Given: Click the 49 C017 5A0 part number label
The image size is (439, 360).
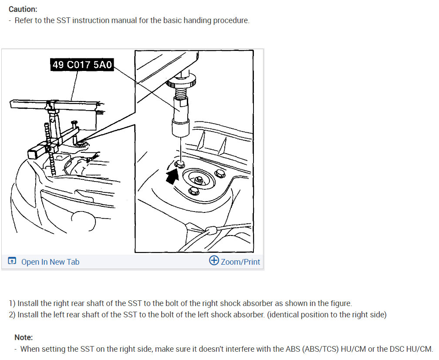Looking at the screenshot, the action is (x=82, y=65).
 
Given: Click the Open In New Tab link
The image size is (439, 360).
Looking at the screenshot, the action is (x=51, y=262).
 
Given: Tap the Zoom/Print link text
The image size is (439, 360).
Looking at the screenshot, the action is (x=240, y=262).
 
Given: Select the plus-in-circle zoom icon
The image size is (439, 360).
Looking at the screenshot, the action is (x=214, y=260).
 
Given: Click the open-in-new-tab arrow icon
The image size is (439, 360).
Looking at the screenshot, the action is (x=12, y=261).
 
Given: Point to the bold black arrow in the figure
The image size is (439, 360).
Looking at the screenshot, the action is (x=172, y=177).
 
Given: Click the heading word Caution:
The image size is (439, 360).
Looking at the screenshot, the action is (x=23, y=9).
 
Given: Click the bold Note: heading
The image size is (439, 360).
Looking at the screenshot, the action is (x=24, y=337).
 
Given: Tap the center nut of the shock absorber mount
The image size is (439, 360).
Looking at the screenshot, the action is (x=199, y=179).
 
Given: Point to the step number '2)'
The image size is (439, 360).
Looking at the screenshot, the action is (x=12, y=315).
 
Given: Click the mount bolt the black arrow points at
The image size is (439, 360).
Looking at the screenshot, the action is (x=179, y=164).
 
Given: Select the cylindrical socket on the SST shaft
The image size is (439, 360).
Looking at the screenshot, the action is (x=181, y=128).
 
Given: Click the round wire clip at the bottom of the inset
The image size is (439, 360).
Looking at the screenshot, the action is (x=211, y=231).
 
